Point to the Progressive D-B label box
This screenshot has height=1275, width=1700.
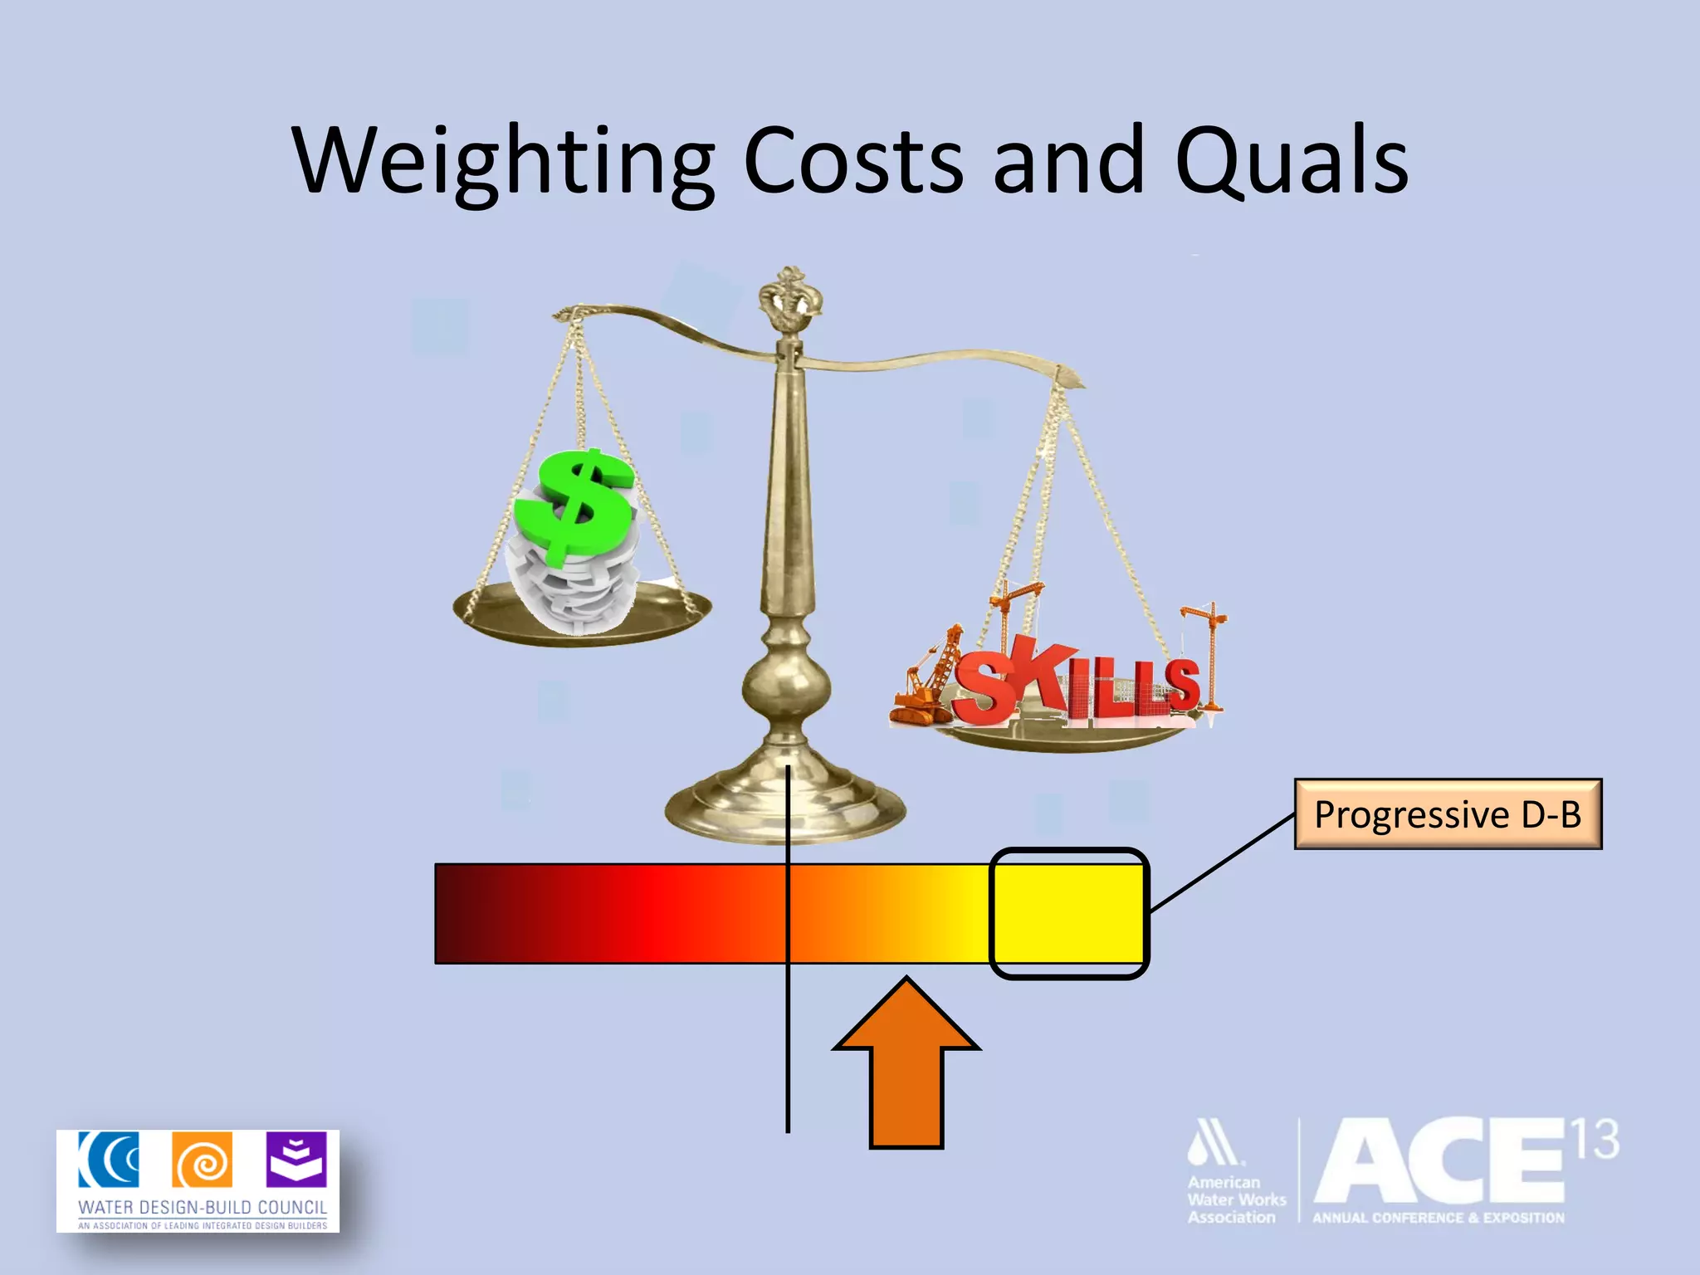(1448, 814)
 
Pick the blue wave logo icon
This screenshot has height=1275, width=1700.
(109, 1160)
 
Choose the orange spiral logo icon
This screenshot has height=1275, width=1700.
(202, 1160)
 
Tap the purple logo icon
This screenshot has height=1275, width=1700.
(296, 1160)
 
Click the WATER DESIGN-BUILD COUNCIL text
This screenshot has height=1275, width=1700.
(203, 1207)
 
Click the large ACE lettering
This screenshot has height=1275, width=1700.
(1440, 1162)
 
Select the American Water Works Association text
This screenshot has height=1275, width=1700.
(1236, 1199)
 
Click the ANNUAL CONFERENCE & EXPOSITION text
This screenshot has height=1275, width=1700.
(1438, 1218)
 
